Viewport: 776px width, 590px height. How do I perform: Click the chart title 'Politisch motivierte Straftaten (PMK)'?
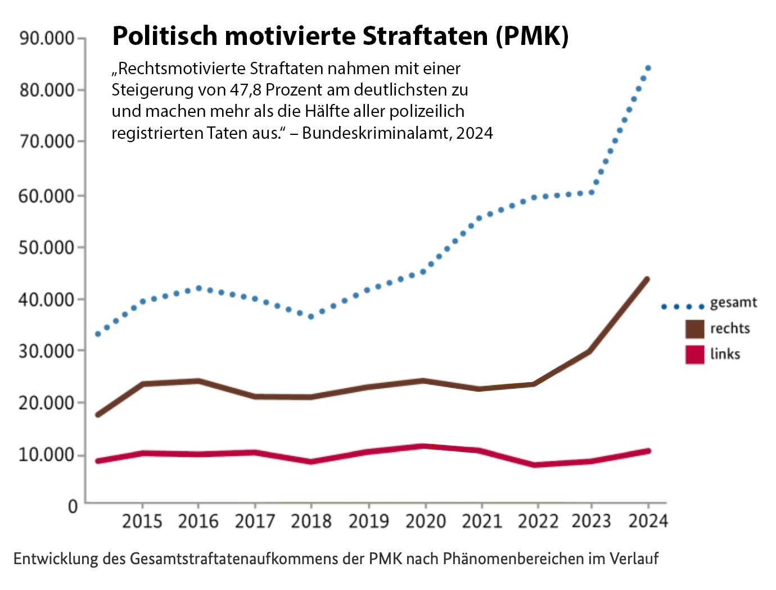point(340,36)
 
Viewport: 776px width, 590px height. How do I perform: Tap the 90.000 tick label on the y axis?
point(47,38)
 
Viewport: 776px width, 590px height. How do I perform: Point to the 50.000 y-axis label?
point(47,247)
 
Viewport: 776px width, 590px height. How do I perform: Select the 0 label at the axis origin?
point(73,506)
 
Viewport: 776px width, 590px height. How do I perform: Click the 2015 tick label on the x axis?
point(142,521)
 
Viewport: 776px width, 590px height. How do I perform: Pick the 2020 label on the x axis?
point(425,521)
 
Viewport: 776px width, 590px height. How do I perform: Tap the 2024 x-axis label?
point(648,521)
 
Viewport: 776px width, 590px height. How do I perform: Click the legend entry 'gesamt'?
point(733,303)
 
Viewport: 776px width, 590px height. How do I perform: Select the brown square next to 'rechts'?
point(695,329)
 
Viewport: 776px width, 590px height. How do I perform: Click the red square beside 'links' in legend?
point(695,355)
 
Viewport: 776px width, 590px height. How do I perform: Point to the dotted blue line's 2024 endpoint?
point(648,68)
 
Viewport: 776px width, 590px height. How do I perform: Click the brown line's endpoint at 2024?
point(647,279)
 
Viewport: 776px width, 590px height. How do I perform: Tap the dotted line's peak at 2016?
point(198,288)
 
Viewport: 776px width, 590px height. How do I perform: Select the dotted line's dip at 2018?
point(311,316)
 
